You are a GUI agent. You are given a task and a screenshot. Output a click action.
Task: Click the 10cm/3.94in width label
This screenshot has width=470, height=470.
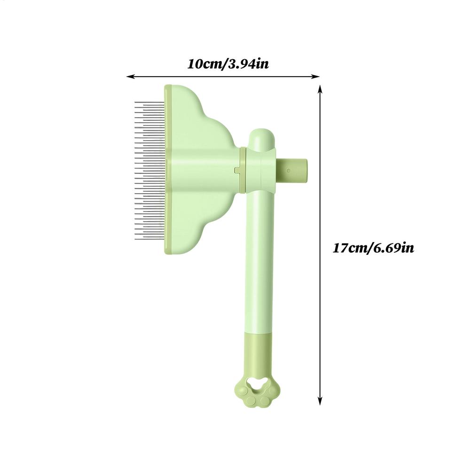(228, 64)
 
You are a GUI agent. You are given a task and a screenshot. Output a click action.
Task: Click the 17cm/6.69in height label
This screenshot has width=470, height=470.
(374, 248)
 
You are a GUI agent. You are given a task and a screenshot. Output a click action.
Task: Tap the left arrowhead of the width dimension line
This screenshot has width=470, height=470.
(130, 77)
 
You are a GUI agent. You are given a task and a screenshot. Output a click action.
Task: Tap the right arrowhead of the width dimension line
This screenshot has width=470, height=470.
(316, 77)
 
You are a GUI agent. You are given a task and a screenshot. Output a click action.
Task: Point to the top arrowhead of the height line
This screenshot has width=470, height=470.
(320, 89)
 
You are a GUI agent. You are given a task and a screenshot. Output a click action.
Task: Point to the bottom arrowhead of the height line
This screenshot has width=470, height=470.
(320, 401)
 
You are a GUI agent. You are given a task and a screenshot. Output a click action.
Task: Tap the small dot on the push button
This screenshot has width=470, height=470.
(289, 171)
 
